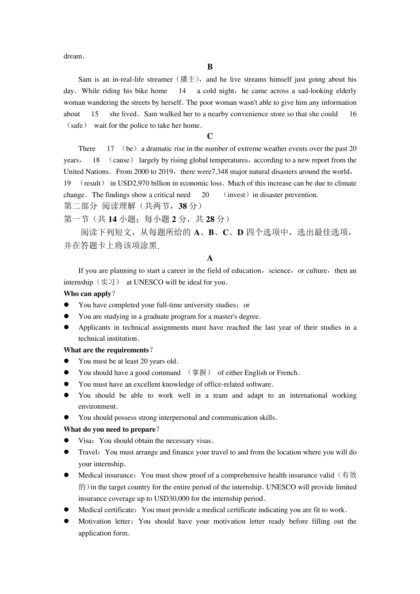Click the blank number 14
click(x=182, y=91)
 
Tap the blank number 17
click(x=111, y=149)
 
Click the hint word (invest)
click(x=236, y=195)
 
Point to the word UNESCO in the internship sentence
click(x=149, y=282)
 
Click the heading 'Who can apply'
click(x=88, y=294)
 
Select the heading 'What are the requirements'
click(x=106, y=350)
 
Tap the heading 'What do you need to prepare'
click(x=110, y=430)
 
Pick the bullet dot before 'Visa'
click(x=67, y=441)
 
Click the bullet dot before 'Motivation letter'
click(x=67, y=522)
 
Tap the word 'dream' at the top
click(x=73, y=56)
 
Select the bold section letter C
click(x=210, y=137)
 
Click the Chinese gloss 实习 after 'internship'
click(x=108, y=282)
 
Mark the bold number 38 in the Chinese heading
click(x=183, y=206)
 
